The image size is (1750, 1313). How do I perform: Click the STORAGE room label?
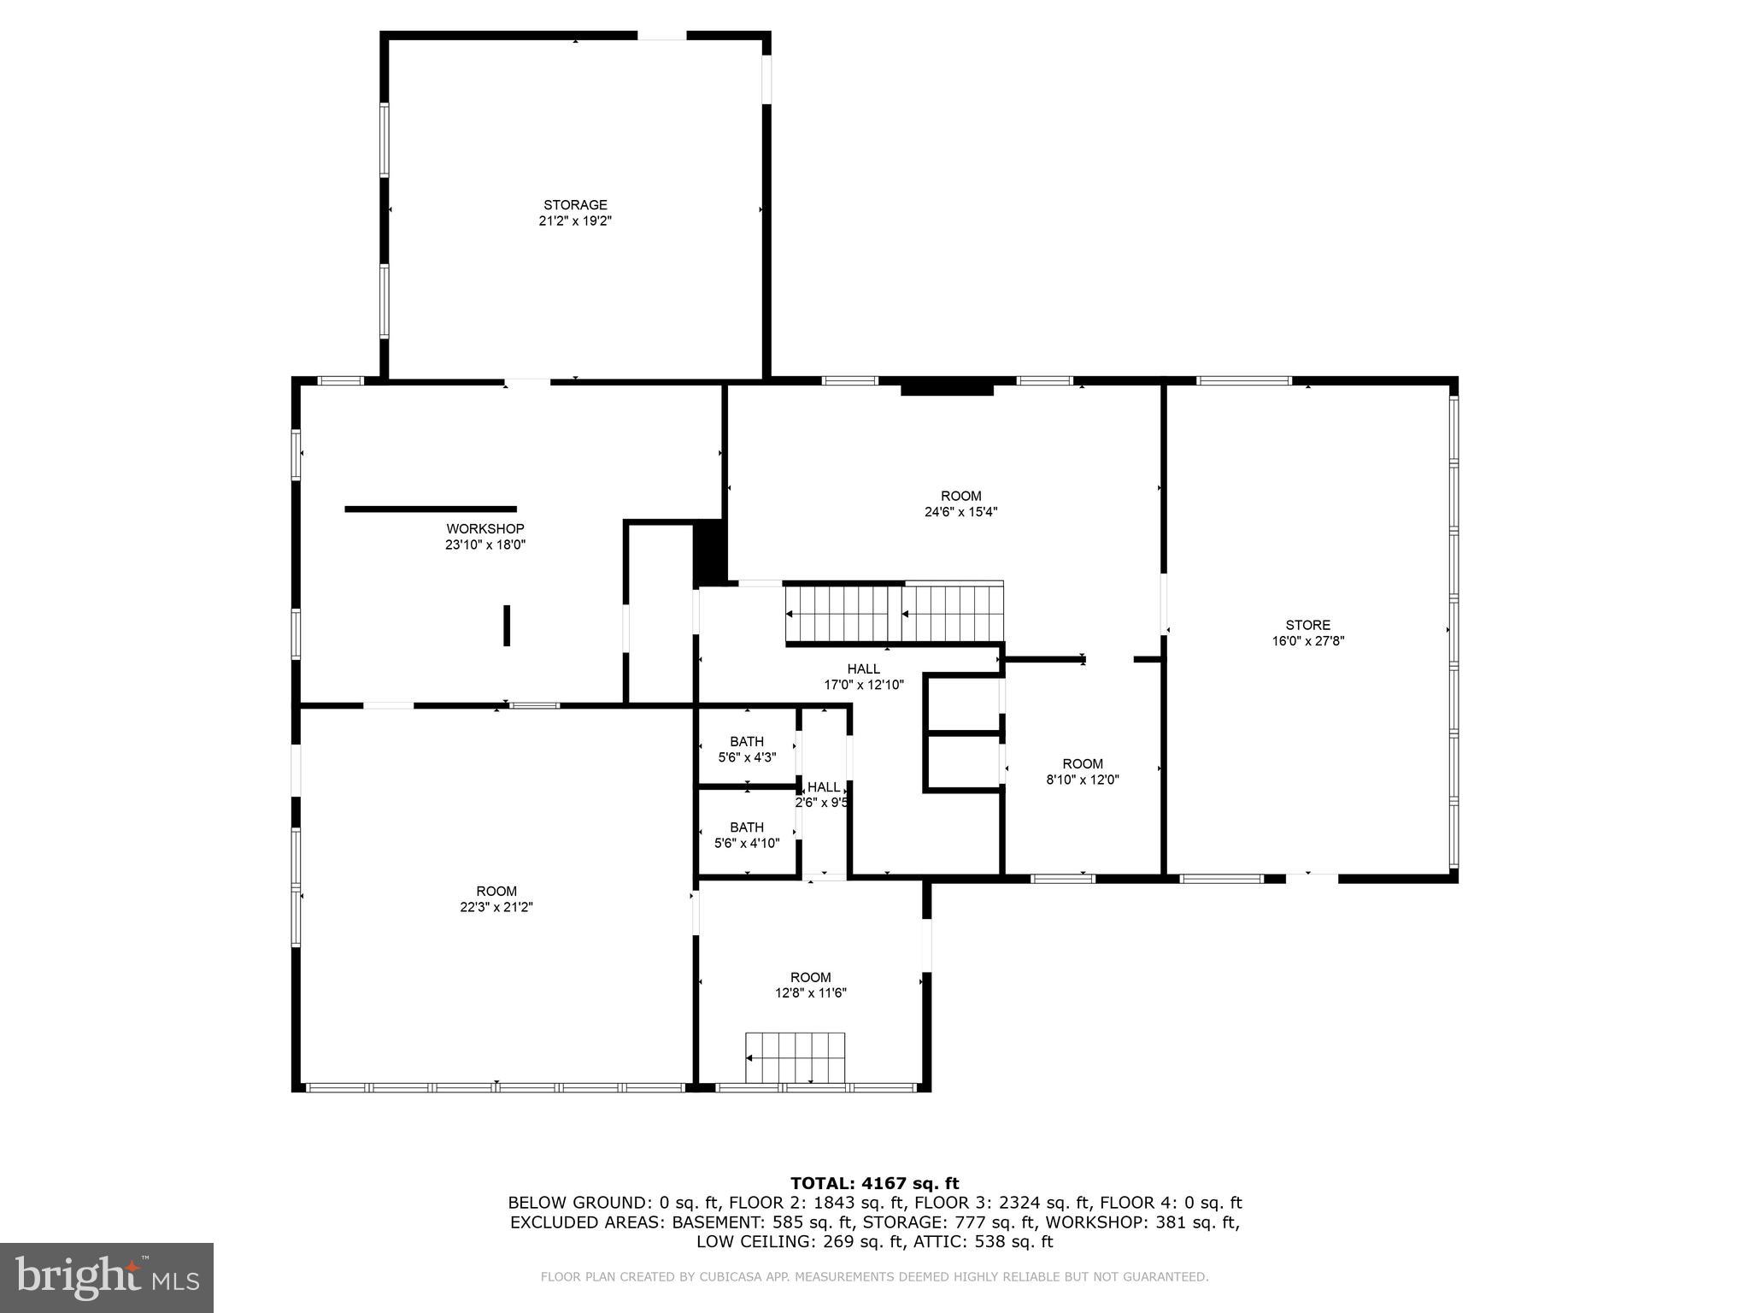(575, 205)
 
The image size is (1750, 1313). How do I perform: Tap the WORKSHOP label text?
(484, 529)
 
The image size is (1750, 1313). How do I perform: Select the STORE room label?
(1307, 626)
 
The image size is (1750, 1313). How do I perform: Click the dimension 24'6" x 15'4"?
(960, 512)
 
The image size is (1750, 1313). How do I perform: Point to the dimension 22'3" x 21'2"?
(496, 907)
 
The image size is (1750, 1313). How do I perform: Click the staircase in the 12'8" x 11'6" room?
(795, 1057)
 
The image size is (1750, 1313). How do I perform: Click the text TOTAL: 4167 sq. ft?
(874, 1183)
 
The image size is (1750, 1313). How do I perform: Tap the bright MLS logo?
(106, 1277)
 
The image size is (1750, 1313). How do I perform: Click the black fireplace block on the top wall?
(947, 389)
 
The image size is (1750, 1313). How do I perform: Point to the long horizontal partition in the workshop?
(430, 509)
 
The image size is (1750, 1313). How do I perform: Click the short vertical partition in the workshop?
(507, 626)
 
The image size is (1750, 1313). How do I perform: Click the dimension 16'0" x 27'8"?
(1307, 641)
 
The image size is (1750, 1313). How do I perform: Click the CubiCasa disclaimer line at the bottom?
(874, 1277)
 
